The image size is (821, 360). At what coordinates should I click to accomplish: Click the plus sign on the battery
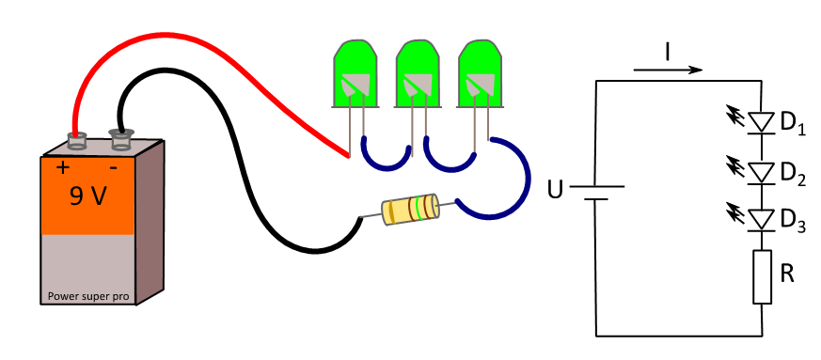[63, 167]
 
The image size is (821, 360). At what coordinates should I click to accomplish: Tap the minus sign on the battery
[113, 168]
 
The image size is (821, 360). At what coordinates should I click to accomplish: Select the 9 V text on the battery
[88, 196]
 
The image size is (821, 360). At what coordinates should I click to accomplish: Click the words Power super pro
[88, 296]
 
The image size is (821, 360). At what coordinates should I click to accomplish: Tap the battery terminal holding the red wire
[76, 140]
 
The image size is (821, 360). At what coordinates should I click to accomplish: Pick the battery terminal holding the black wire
[121, 140]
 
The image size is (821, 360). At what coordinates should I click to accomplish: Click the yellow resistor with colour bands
[410, 210]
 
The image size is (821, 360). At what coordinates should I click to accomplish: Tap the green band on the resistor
[418, 209]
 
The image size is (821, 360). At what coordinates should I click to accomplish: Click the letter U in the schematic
[555, 190]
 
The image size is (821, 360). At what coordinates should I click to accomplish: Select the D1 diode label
[793, 123]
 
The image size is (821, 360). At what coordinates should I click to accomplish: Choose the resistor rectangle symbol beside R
[763, 276]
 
